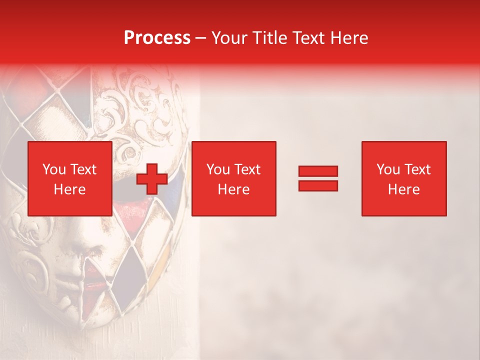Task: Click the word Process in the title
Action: point(157,38)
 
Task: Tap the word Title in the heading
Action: point(269,38)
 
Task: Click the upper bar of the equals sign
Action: point(318,171)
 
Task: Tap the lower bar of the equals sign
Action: point(318,185)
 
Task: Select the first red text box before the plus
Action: point(69,178)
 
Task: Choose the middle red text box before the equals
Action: point(234,178)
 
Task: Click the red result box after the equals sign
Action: point(404,178)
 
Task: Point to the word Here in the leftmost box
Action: point(69,189)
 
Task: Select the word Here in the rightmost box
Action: point(404,189)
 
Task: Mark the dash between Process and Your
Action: point(200,38)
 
